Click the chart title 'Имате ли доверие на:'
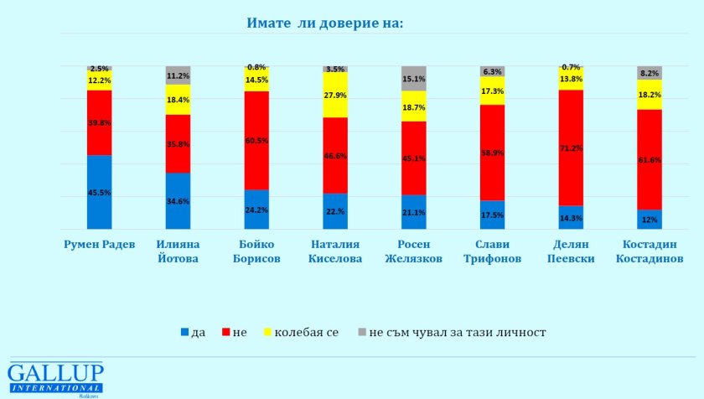click(324, 23)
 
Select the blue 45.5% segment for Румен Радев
click(99, 192)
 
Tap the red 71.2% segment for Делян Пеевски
click(571, 148)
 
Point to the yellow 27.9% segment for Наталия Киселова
click(335, 95)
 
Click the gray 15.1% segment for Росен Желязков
click(414, 79)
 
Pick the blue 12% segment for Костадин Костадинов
click(650, 220)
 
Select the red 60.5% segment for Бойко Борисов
click(256, 141)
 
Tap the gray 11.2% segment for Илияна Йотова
click(179, 75)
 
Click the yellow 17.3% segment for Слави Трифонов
click(493, 91)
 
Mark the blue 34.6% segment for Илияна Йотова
click(179, 201)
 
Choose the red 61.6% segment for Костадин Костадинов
click(650, 160)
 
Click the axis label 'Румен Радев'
click(99, 245)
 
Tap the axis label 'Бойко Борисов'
click(256, 251)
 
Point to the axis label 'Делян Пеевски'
click(571, 251)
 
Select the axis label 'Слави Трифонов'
click(493, 251)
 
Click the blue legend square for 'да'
click(184, 332)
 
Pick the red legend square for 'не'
click(226, 332)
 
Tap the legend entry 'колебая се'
click(301, 332)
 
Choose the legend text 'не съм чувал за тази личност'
click(458, 332)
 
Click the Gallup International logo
click(55, 379)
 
